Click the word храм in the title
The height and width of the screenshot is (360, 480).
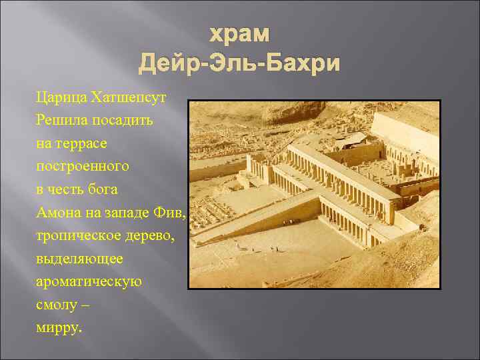coord(239,35)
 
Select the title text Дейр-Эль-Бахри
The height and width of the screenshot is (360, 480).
coord(239,64)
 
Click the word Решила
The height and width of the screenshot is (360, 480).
coord(60,121)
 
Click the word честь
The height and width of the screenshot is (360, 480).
coord(69,189)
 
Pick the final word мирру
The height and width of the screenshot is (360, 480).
coord(59,327)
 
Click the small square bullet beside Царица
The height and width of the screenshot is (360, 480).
coord(29,98)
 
